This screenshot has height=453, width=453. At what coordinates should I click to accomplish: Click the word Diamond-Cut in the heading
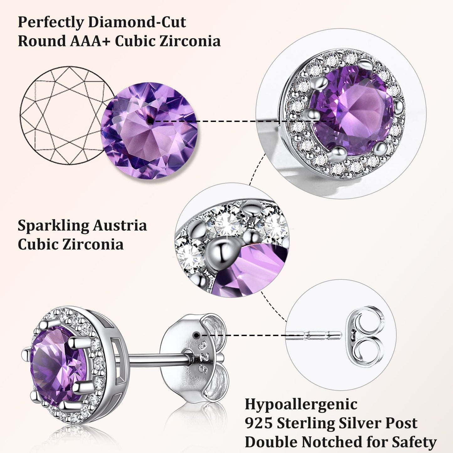[x=137, y=23]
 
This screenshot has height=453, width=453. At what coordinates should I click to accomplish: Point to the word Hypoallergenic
[x=301, y=404]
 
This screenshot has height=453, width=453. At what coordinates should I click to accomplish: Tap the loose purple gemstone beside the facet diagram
[x=149, y=130]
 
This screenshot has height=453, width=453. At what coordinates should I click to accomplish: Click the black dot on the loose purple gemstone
[x=151, y=120]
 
